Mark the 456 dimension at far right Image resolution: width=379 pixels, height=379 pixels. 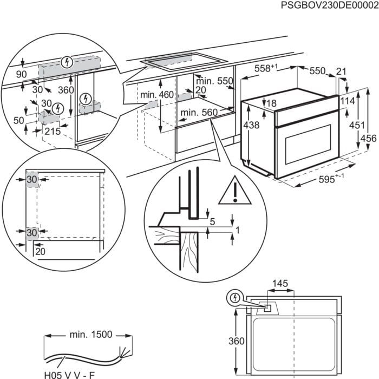(368, 138)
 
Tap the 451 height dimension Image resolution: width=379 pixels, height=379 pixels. (354, 125)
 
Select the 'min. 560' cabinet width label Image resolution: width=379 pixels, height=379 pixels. (199, 113)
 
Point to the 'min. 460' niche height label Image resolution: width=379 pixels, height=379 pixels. (156, 95)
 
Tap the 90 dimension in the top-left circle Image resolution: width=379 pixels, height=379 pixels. (22, 74)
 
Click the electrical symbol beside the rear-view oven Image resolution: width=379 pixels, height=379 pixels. (235, 297)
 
